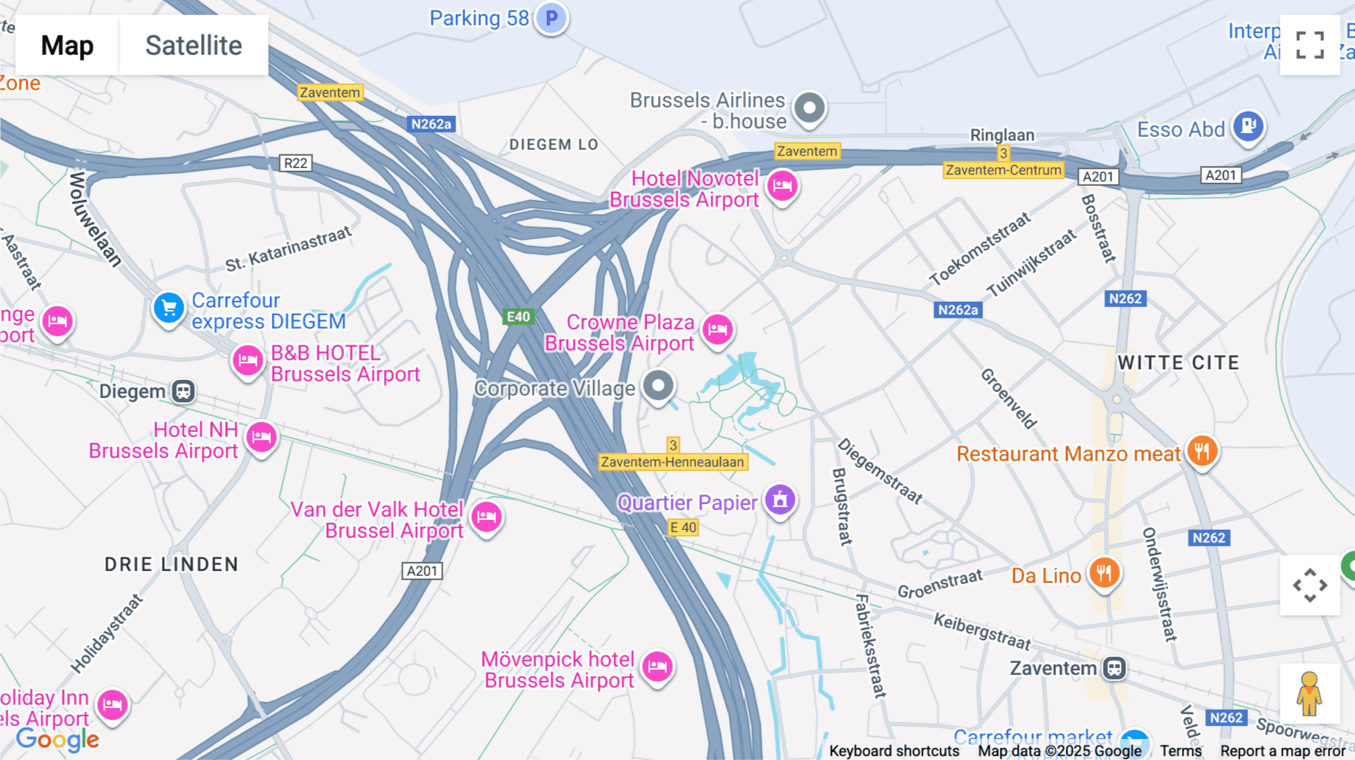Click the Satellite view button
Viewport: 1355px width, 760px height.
[193, 45]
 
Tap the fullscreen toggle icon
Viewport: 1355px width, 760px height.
[1310, 45]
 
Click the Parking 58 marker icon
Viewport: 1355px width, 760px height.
[552, 17]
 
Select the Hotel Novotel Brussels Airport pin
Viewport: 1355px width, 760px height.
[782, 185]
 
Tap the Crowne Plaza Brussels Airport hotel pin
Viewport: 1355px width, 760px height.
[717, 329]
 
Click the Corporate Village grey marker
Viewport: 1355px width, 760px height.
[659, 386]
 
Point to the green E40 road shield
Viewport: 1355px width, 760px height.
[518, 317]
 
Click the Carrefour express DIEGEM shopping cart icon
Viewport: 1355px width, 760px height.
[169, 308]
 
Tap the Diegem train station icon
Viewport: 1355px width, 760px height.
[183, 391]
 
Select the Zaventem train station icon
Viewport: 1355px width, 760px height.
[1114, 668]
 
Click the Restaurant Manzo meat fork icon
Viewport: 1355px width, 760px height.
[1202, 451]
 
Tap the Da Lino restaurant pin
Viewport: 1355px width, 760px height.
[1104, 574]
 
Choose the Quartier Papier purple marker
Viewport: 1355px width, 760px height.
[781, 500]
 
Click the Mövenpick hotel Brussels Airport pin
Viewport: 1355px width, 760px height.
[657, 667]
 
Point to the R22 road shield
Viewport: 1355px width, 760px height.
[295, 163]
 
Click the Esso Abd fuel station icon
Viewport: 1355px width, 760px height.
[1248, 126]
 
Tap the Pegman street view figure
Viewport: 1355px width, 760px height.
[1310, 694]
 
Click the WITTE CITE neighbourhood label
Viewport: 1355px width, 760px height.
[1178, 363]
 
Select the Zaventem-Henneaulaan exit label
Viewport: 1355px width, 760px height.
[673, 462]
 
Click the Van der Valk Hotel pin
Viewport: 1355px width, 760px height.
[486, 517]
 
